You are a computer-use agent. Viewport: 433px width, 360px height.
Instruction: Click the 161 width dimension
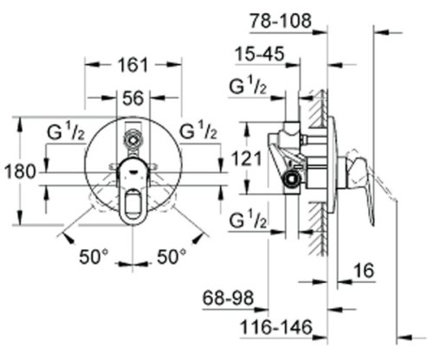[132, 65]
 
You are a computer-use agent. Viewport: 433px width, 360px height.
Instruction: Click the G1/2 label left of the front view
[66, 132]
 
